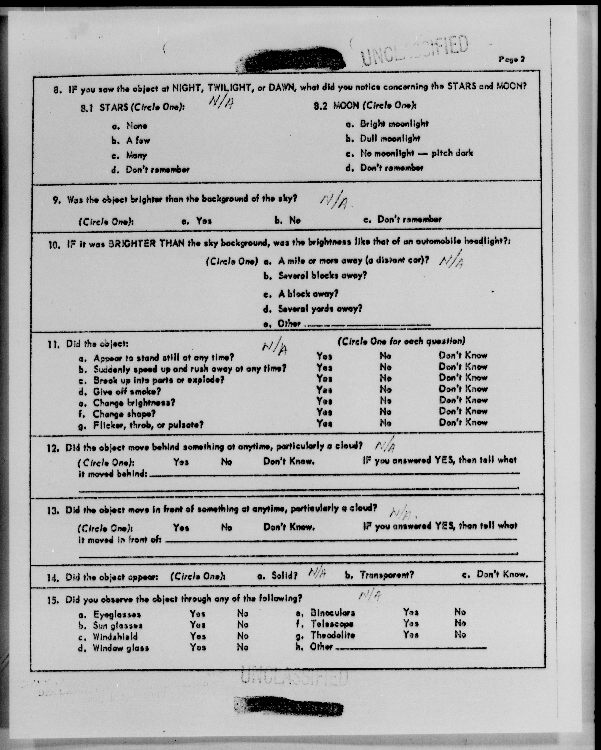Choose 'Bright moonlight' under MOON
coord(394,124)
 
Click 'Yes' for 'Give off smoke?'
coord(324,390)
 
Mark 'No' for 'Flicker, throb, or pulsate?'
coord(385,423)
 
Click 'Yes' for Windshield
coord(197,636)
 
